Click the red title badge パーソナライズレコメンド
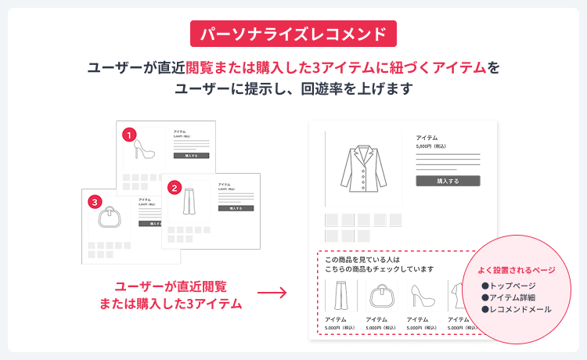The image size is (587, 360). [x=293, y=34]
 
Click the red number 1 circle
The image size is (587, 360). [x=130, y=135]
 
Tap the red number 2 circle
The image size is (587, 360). [x=174, y=187]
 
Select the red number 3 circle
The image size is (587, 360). [x=95, y=202]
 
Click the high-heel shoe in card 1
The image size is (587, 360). [x=146, y=153]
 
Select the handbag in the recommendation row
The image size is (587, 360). [x=376, y=297]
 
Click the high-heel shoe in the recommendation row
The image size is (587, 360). [x=418, y=297]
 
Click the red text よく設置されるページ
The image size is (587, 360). [x=517, y=271]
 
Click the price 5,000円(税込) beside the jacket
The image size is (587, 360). [x=431, y=146]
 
